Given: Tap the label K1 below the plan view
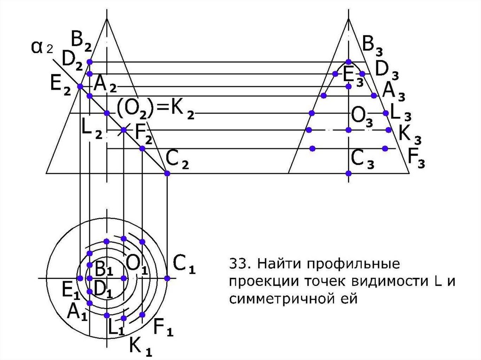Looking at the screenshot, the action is tap(140, 346).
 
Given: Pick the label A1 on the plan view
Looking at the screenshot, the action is tap(77, 312).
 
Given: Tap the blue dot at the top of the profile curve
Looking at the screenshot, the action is tap(348, 61).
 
